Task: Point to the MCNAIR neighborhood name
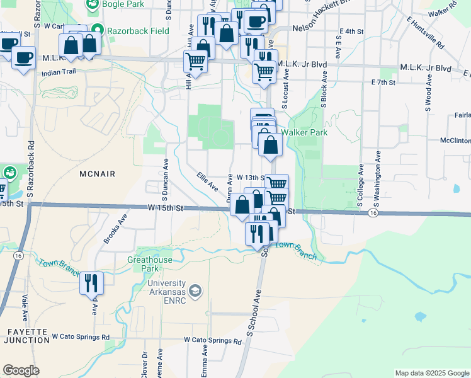point(99,173)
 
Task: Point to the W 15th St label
point(166,207)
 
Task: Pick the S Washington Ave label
point(377,179)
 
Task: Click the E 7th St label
point(383,83)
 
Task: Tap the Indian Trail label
point(59,72)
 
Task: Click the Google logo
point(21,370)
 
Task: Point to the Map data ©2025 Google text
point(431,373)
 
